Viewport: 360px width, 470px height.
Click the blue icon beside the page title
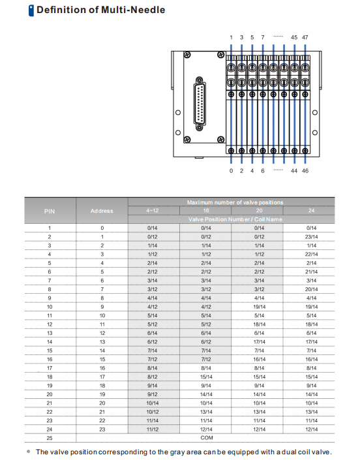tap(31, 10)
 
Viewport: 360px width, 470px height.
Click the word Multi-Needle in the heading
tap(133, 10)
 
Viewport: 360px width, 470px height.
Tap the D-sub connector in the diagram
tap(200, 104)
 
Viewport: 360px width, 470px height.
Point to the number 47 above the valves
tap(305, 37)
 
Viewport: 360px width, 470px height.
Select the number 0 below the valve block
tap(231, 171)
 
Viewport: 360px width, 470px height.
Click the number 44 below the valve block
tap(294, 171)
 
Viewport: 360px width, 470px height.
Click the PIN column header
tap(50, 211)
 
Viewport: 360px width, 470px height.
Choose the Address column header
tap(102, 211)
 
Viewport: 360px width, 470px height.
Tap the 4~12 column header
tap(153, 211)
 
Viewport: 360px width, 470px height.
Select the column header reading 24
tap(312, 211)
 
